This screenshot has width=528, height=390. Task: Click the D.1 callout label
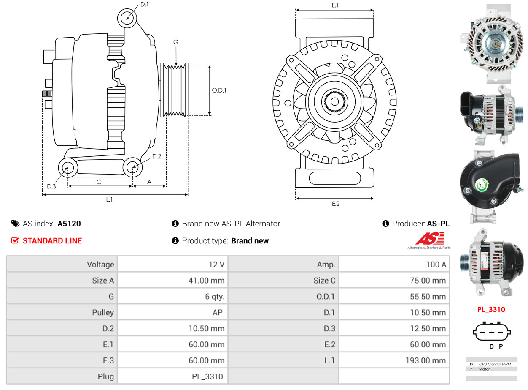coord(144,4)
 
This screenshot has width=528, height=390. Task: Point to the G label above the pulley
coord(176,42)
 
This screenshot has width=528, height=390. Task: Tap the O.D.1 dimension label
coord(219,90)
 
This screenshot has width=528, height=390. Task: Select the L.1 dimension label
coord(109,199)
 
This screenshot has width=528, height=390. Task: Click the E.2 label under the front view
coord(335,204)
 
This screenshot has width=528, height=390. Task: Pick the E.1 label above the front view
coord(335,5)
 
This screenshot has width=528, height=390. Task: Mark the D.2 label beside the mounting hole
coord(156,156)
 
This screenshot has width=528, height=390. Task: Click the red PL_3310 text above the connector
coord(491,310)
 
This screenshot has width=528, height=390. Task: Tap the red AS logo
coord(429,239)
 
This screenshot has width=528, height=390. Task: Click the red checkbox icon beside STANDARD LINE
coord(15,240)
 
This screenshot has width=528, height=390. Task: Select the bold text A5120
coord(69,224)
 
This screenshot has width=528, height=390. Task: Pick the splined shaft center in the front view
coord(334,101)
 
